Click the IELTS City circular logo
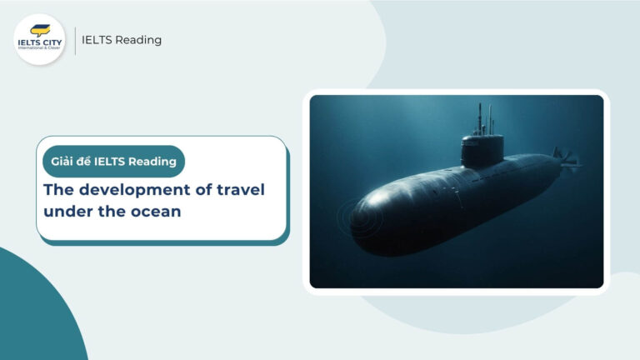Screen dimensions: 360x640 click(x=39, y=39)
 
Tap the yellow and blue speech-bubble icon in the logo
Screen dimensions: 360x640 click(x=39, y=29)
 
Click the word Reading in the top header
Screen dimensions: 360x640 click(x=141, y=39)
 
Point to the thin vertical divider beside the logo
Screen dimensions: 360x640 click(x=75, y=40)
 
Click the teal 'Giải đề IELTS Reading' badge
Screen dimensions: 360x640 click(x=113, y=161)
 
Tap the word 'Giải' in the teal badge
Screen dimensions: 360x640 click(x=64, y=161)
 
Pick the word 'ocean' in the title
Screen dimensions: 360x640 click(x=156, y=212)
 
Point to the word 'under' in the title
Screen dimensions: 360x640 click(x=66, y=212)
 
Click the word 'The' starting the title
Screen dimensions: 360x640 click(x=57, y=190)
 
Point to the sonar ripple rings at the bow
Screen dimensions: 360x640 click(x=354, y=218)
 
